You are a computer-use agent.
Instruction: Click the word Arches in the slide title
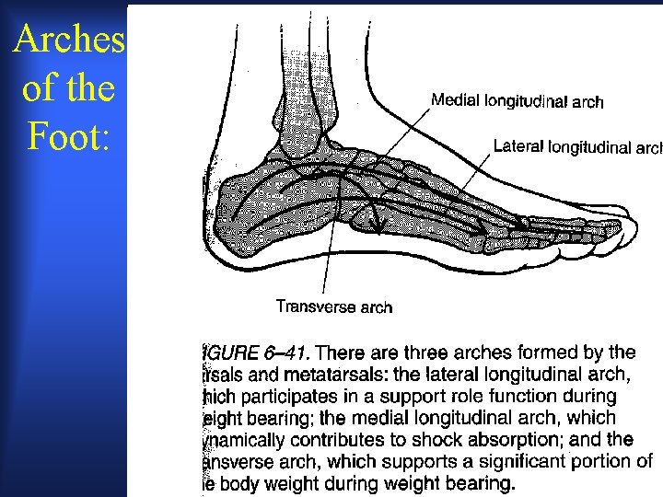point(69,41)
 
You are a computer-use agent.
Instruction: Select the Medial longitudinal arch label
point(518,100)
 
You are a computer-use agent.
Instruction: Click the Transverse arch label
point(334,307)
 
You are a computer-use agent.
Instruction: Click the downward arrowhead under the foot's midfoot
point(375,225)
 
